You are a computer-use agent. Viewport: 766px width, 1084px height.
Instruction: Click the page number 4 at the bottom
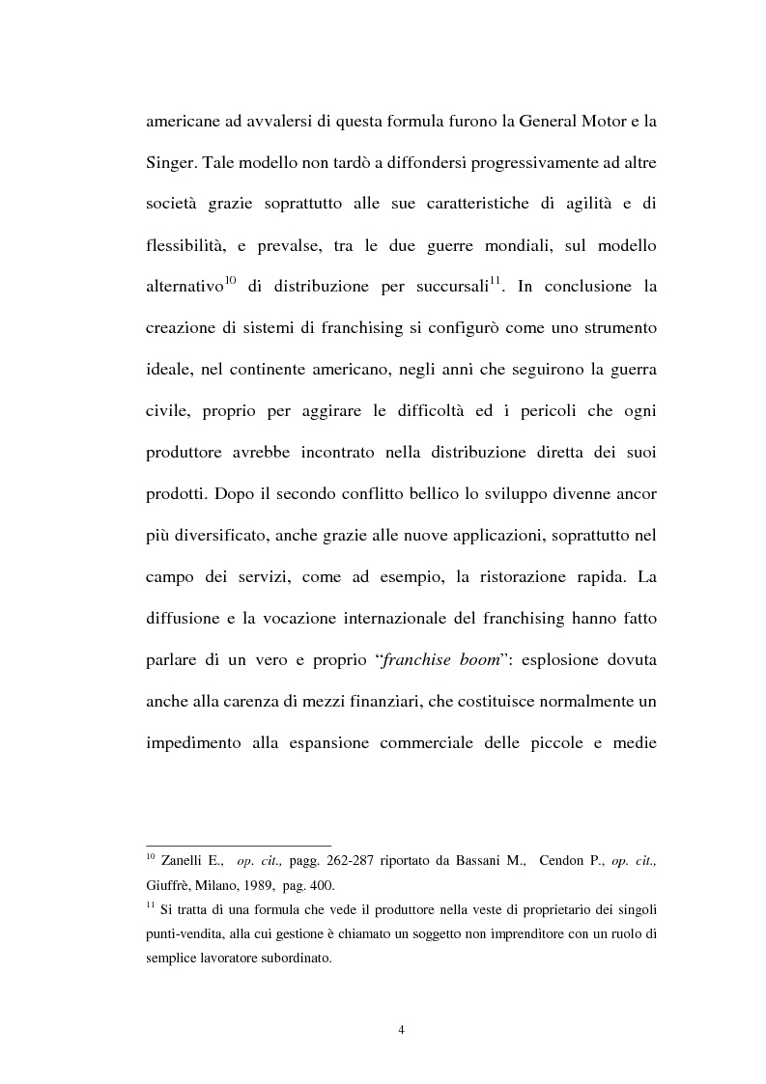402,1030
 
